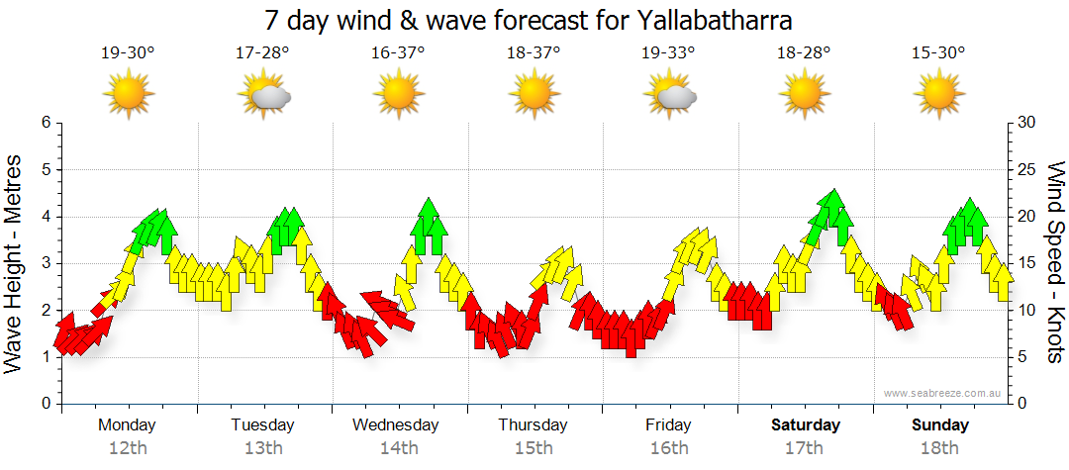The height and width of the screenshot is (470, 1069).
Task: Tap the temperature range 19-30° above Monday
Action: tap(128, 53)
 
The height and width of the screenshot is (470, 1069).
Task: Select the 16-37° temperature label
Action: tap(399, 53)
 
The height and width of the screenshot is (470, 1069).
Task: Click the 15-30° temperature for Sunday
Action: tap(939, 53)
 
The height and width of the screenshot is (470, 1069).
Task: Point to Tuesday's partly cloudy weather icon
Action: tap(264, 96)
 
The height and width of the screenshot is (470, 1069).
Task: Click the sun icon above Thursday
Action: tap(534, 95)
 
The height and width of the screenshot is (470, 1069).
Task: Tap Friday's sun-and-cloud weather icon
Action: tap(670, 96)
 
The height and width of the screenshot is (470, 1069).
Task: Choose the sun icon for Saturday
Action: tap(804, 95)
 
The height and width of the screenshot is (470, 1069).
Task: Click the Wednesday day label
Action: tap(396, 425)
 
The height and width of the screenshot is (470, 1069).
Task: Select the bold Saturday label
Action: tap(806, 425)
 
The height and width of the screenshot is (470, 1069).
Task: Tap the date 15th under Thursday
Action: tap(534, 448)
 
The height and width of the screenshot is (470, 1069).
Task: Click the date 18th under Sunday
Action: tap(939, 448)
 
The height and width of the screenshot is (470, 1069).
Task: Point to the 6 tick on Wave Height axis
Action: tap(45, 123)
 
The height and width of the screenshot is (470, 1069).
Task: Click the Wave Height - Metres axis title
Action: tap(15, 263)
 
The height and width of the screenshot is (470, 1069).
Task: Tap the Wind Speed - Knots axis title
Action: tap(1054, 263)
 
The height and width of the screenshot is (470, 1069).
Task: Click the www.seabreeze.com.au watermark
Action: tap(943, 394)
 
